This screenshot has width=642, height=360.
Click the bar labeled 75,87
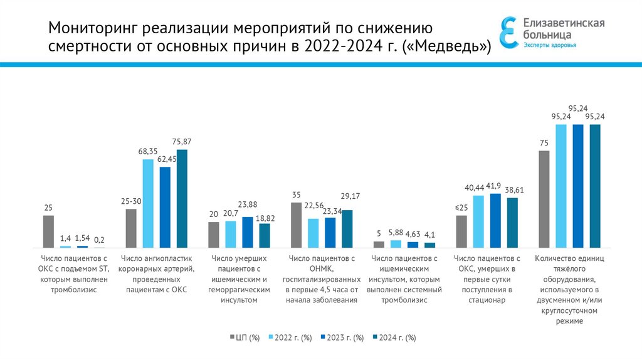click(182, 199)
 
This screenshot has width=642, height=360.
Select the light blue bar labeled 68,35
click(148, 204)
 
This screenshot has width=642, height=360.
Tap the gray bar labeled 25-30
click(131, 228)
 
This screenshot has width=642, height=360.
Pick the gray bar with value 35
click(297, 225)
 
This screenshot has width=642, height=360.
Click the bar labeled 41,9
click(495, 220)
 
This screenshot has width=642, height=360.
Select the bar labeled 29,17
click(347, 228)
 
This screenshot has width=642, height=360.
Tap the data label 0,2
click(99, 240)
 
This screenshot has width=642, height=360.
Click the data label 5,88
click(396, 233)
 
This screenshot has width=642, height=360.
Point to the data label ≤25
click(461, 208)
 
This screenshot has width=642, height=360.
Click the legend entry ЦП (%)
click(244, 337)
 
